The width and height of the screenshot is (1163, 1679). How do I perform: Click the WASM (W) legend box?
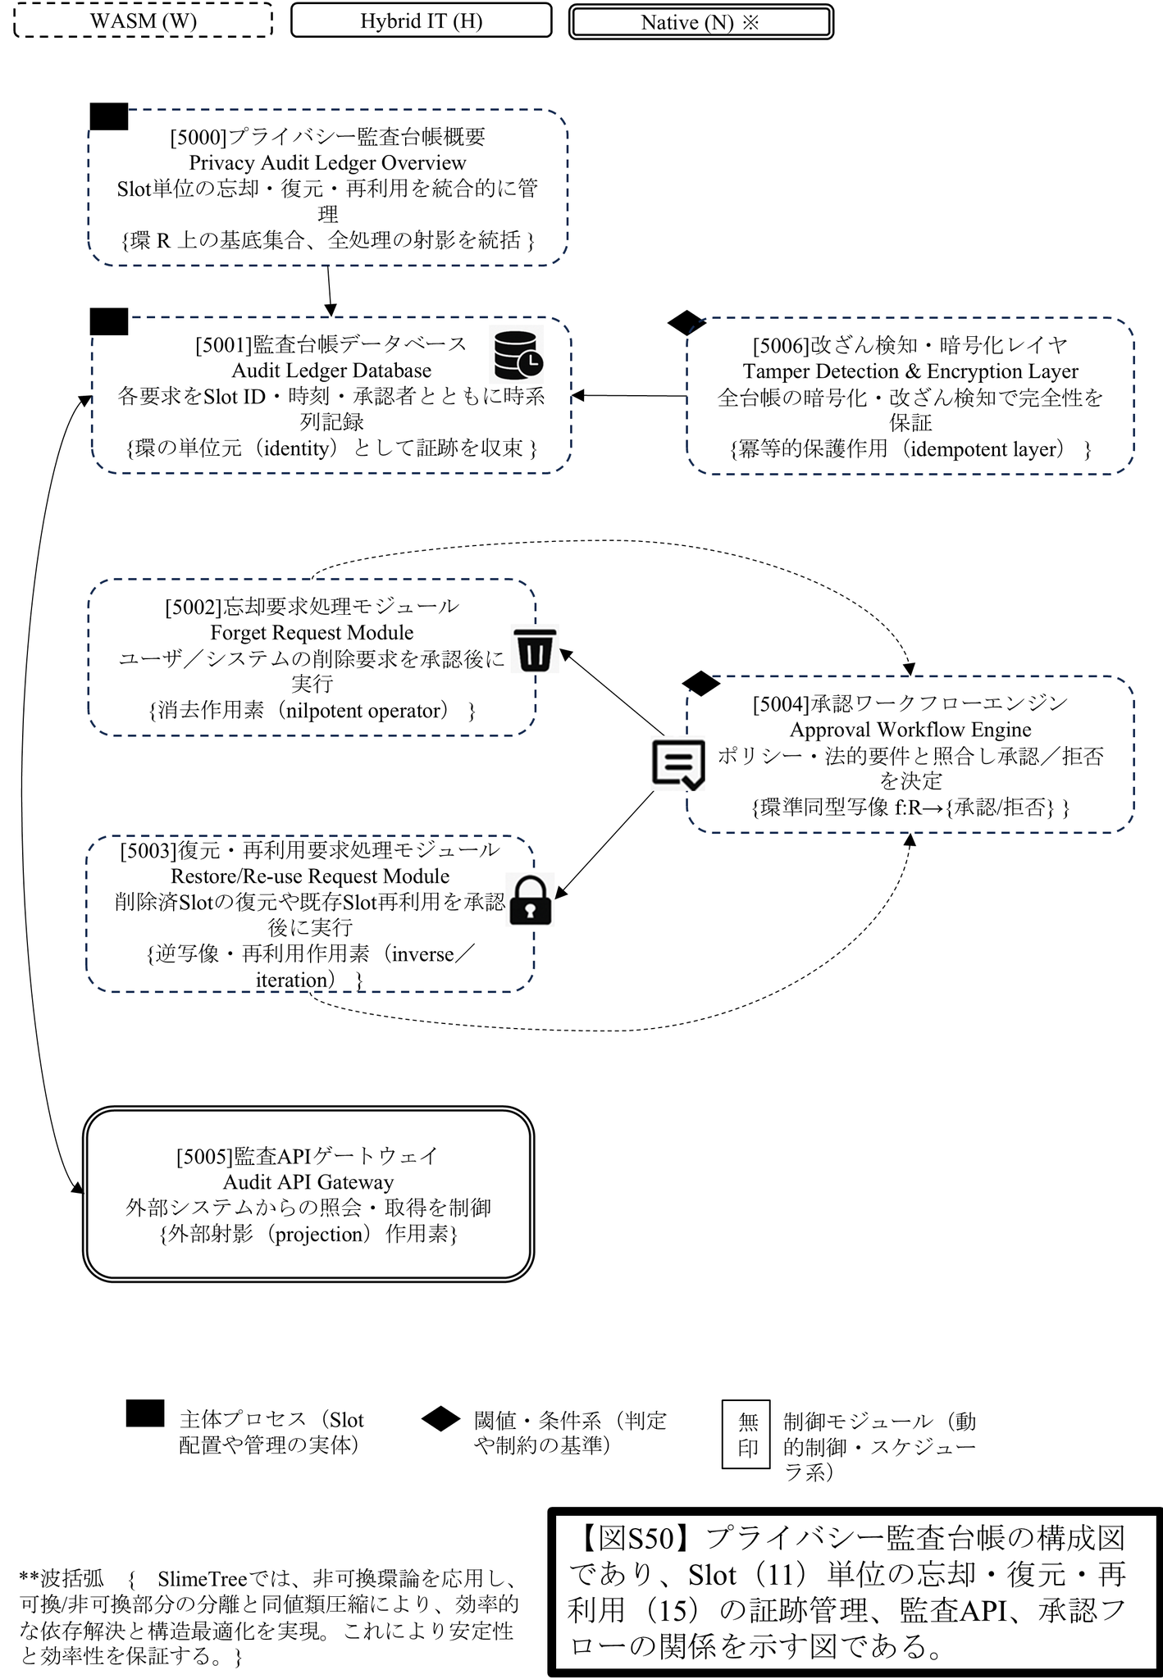point(144,20)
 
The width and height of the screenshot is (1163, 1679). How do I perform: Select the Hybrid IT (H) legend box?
point(422,20)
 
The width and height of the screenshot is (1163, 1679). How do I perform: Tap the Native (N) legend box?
point(701,22)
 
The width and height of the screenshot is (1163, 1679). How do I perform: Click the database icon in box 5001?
point(518,353)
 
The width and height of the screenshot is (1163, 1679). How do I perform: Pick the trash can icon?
point(536,650)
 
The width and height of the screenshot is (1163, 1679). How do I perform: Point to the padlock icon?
point(531,901)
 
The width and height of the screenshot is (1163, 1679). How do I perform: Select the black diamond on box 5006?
point(687,322)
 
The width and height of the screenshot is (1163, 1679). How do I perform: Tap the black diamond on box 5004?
point(701,683)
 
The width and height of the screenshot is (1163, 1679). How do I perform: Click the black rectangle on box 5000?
point(108,116)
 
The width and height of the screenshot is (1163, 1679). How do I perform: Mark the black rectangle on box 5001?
point(108,321)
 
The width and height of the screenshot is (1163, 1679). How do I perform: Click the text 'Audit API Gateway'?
point(308,1182)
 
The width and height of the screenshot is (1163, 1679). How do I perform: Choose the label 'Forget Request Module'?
point(312,633)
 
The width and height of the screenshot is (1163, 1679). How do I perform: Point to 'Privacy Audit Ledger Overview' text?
point(327,162)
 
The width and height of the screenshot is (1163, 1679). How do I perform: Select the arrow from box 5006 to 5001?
point(629,396)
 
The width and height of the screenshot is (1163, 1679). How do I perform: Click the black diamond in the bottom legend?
point(441,1419)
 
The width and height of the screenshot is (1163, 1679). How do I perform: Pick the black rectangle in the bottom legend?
point(145,1413)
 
